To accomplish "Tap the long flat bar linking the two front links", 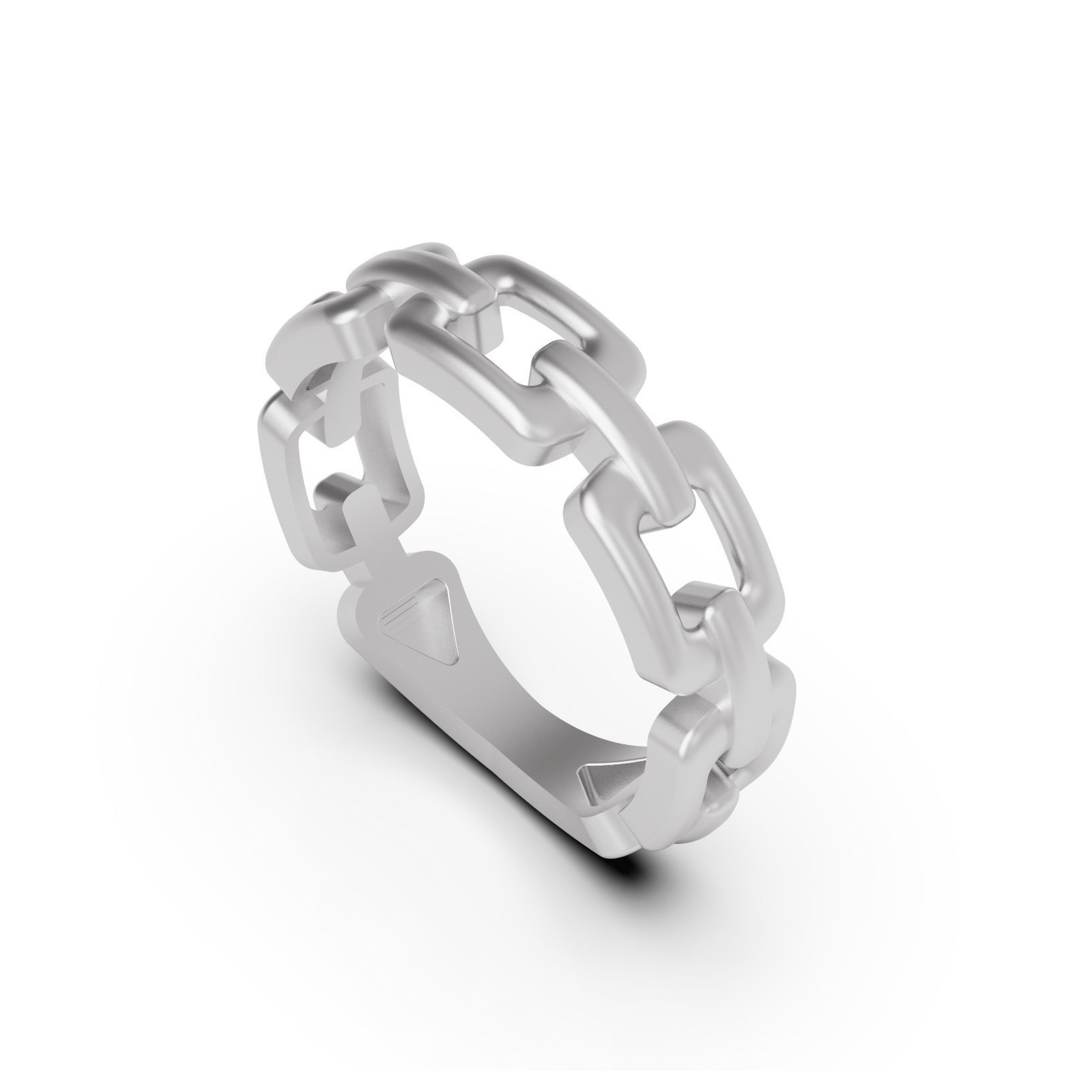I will click(x=609, y=428).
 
